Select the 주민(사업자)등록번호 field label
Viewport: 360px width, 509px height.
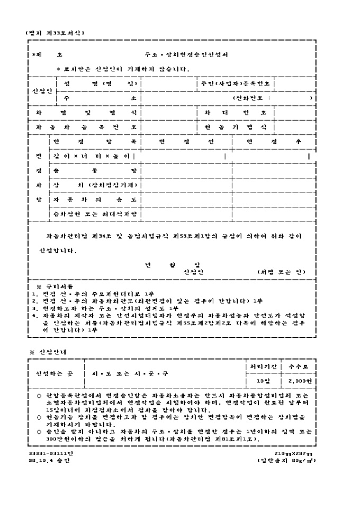click(236, 84)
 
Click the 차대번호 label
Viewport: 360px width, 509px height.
click(236, 113)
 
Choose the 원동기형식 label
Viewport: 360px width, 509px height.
click(236, 127)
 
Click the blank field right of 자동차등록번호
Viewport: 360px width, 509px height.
click(168, 127)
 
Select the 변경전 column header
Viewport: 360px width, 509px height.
click(186, 142)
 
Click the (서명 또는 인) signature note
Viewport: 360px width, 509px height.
click(281, 272)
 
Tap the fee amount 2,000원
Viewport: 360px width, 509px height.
click(300, 380)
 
